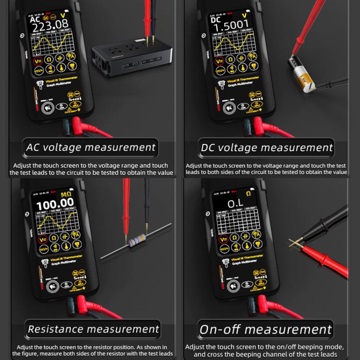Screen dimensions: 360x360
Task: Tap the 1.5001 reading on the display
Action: click(x=232, y=24)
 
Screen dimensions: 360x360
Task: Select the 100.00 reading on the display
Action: click(x=55, y=202)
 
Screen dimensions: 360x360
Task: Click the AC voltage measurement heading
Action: click(x=90, y=147)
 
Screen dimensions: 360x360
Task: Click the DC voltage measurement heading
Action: click(x=266, y=147)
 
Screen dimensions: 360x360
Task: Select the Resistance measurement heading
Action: click(x=93, y=329)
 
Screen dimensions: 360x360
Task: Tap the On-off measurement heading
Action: click(x=265, y=329)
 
